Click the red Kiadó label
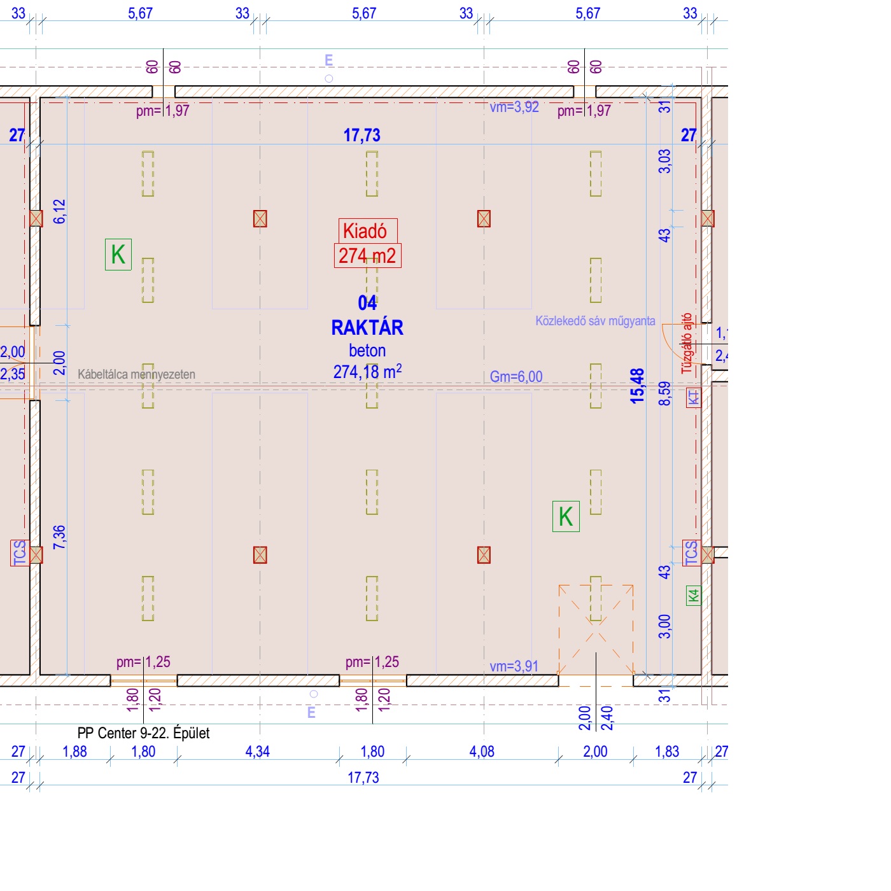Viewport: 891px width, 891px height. point(367,230)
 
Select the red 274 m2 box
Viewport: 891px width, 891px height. point(367,256)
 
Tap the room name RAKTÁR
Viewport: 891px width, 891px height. point(367,328)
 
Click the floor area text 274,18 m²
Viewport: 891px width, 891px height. point(367,372)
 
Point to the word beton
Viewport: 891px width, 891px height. point(367,351)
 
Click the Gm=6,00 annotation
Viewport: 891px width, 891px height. point(516,377)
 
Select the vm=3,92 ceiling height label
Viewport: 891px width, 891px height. point(514,107)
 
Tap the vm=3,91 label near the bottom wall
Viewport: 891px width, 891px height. point(514,666)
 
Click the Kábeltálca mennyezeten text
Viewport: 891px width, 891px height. point(136,374)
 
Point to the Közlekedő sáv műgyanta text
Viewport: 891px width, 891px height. point(595,321)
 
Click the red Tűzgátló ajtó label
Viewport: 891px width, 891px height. point(686,343)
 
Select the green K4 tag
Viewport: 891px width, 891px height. point(693,596)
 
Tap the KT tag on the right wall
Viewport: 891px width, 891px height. point(693,398)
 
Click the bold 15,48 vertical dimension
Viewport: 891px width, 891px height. point(637,386)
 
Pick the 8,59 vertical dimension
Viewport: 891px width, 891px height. point(664,393)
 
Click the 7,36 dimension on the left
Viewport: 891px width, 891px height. point(59,537)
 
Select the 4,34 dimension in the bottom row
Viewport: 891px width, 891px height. point(258,752)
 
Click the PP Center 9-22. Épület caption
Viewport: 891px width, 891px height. point(143,733)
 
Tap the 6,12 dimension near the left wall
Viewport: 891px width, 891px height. point(59,211)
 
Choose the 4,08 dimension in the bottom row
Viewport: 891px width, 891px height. point(482,752)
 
